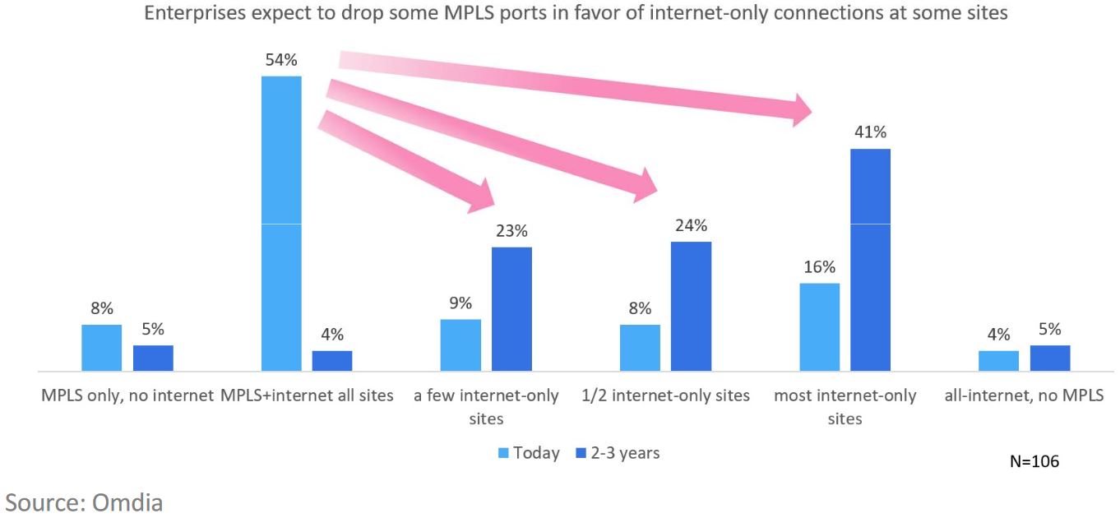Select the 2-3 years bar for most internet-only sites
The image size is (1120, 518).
pyautogui.click(x=871, y=260)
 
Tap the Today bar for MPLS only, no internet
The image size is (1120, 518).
pyautogui.click(x=102, y=348)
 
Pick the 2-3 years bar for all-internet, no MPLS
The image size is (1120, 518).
pyautogui.click(x=1050, y=358)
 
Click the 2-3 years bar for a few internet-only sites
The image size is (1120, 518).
pyautogui.click(x=511, y=309)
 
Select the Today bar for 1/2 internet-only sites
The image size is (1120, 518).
pyautogui.click(x=640, y=348)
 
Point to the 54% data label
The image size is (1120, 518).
pyautogui.click(x=280, y=60)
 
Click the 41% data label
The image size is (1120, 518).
pyautogui.click(x=871, y=132)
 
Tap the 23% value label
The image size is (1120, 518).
pyautogui.click(x=511, y=231)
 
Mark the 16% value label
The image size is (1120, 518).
pyautogui.click(x=820, y=267)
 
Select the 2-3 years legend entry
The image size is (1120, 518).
pyautogui.click(x=618, y=453)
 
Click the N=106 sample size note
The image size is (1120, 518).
pyautogui.click(x=1034, y=461)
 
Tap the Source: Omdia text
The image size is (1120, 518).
pyautogui.click(x=84, y=502)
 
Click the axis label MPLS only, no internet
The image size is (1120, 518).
pyautogui.click(x=127, y=395)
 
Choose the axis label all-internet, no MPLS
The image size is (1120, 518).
pyautogui.click(x=1025, y=395)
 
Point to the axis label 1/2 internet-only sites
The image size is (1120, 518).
pyautogui.click(x=666, y=395)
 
